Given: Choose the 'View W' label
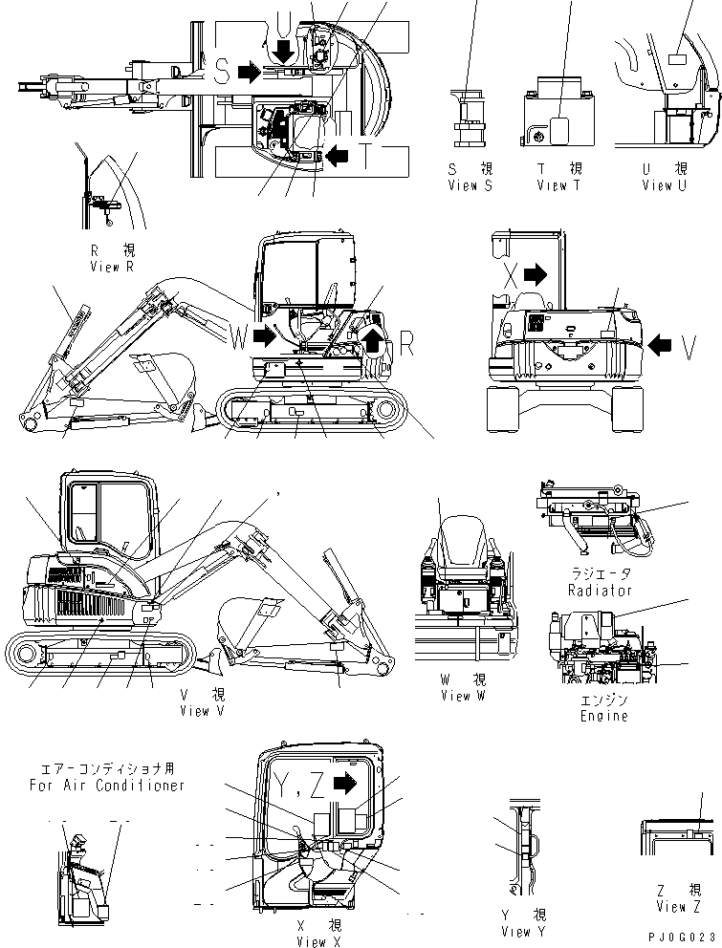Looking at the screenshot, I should click(x=462, y=696).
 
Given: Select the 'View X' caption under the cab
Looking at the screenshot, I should click(x=312, y=941).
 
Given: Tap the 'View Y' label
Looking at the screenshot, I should click(x=523, y=931).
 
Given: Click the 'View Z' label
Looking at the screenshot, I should click(x=678, y=906).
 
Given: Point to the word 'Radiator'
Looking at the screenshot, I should click(x=600, y=591).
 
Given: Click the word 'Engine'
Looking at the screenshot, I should click(x=603, y=716).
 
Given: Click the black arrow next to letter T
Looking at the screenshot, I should click(x=338, y=154).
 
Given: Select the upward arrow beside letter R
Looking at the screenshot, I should click(x=372, y=335).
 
